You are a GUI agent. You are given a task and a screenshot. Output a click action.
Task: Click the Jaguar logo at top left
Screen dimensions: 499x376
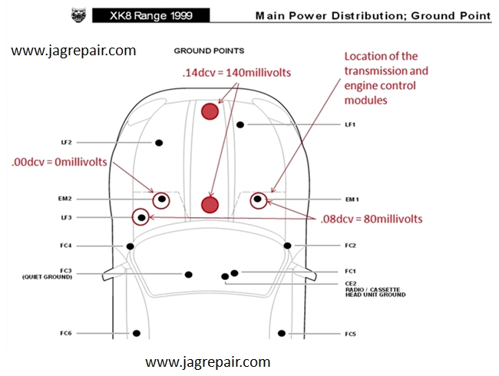coord(78,15)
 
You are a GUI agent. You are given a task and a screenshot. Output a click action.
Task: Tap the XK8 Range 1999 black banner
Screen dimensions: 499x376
coord(150,15)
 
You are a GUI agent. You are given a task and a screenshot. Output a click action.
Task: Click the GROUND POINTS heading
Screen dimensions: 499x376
coord(209,51)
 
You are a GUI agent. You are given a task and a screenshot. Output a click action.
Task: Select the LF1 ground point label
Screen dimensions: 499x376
coord(350,125)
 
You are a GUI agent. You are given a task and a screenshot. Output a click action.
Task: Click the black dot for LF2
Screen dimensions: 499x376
coord(159,143)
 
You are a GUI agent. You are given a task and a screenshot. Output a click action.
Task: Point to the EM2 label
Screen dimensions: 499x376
coord(65,199)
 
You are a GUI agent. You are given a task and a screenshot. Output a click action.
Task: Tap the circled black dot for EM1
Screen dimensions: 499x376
coord(258,200)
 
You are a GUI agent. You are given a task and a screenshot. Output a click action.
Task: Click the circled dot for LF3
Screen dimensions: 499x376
coord(141,218)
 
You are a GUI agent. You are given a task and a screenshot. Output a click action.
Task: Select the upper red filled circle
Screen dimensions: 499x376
coord(210,111)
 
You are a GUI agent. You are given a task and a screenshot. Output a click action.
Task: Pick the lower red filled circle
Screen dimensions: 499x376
coord(210,205)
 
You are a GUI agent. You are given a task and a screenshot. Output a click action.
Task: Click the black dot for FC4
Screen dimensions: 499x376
coord(130,246)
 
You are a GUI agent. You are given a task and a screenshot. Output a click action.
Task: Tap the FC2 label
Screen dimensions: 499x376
coord(350,246)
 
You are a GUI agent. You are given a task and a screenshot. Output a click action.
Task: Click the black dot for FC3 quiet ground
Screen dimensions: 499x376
coord(188,275)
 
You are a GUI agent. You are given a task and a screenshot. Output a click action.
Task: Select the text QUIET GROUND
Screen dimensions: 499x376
coord(47,277)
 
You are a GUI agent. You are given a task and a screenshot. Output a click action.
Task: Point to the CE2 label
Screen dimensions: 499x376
coord(351,283)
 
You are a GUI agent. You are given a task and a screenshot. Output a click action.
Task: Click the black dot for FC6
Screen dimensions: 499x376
coord(137,333)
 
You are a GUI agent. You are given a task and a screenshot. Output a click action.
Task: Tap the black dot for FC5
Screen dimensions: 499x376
coord(282,333)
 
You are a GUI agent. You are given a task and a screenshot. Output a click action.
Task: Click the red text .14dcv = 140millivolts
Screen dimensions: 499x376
coord(236,73)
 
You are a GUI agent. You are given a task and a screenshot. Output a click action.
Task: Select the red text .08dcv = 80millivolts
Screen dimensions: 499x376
coord(372,219)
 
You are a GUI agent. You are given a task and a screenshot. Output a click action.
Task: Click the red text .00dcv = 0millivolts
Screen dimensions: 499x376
coord(59,162)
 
